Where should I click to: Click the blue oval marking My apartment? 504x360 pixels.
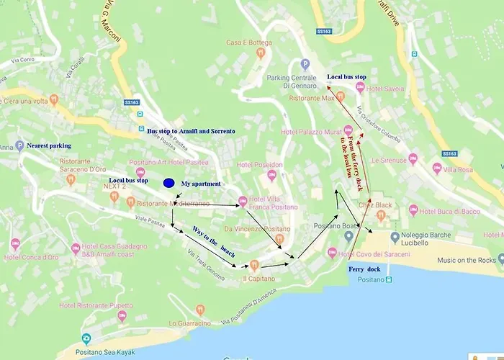(169, 183)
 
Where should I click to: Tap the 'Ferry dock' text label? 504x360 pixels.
(364, 269)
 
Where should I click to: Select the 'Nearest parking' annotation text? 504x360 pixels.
(49, 145)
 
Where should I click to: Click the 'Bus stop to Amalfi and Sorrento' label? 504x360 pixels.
(192, 132)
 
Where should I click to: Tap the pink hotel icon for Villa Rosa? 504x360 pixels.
(437, 168)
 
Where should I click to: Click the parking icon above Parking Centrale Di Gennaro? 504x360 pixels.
(305, 64)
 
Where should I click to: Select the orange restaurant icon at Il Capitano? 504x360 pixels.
(254, 266)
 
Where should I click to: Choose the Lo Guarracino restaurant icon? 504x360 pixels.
(200, 310)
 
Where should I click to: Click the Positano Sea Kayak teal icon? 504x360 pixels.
(86, 338)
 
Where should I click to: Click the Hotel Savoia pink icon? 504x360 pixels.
(361, 88)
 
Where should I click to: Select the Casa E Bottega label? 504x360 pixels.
(249, 42)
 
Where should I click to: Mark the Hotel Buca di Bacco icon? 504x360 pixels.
(413, 210)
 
